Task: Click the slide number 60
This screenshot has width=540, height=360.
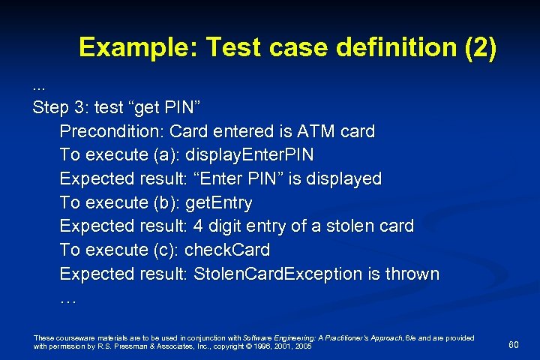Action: coord(514,344)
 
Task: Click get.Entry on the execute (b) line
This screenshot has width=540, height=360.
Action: coord(218,202)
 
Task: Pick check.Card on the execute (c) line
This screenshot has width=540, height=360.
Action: coord(226,250)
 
